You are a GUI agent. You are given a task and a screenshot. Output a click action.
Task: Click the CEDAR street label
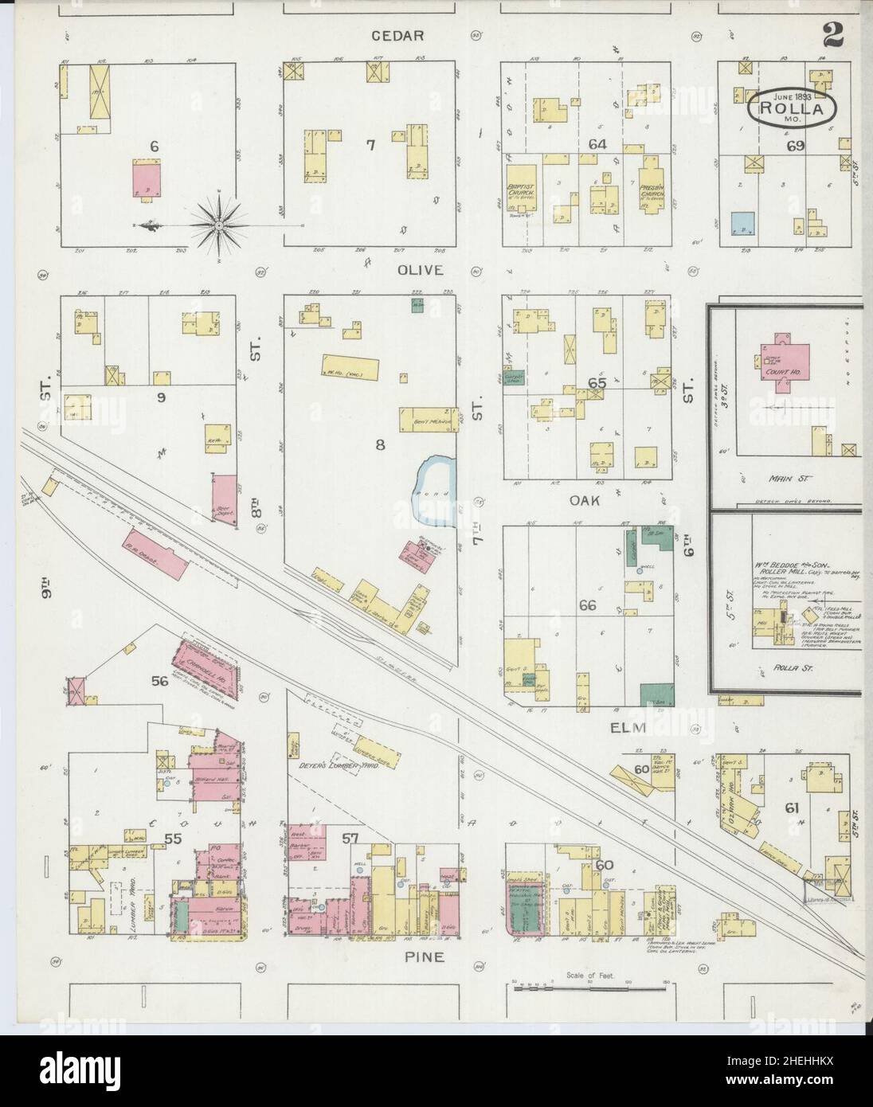click(x=402, y=36)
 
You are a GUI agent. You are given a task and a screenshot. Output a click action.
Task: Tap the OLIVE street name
click(x=421, y=270)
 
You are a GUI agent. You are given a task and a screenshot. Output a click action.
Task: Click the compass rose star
click(x=218, y=226)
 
